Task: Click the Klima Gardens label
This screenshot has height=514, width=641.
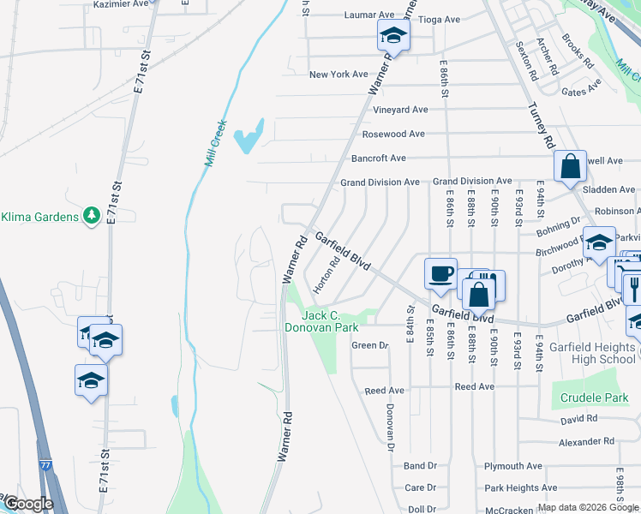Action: [x=39, y=216]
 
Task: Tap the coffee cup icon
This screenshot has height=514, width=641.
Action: [x=441, y=274]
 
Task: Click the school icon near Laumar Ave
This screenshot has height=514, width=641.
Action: [x=393, y=35]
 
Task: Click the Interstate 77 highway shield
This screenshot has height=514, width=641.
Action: [x=44, y=464]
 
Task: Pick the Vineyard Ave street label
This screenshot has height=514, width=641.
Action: [x=400, y=110]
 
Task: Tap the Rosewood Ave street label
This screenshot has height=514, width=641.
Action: [x=393, y=134]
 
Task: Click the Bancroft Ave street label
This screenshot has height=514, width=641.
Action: [x=379, y=158]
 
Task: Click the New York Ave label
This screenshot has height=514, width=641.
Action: [x=338, y=75]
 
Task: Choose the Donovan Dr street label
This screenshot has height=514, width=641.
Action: [x=390, y=427]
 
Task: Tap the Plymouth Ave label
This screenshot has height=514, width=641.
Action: [x=513, y=466]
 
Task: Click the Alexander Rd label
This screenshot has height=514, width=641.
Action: [x=586, y=442]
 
